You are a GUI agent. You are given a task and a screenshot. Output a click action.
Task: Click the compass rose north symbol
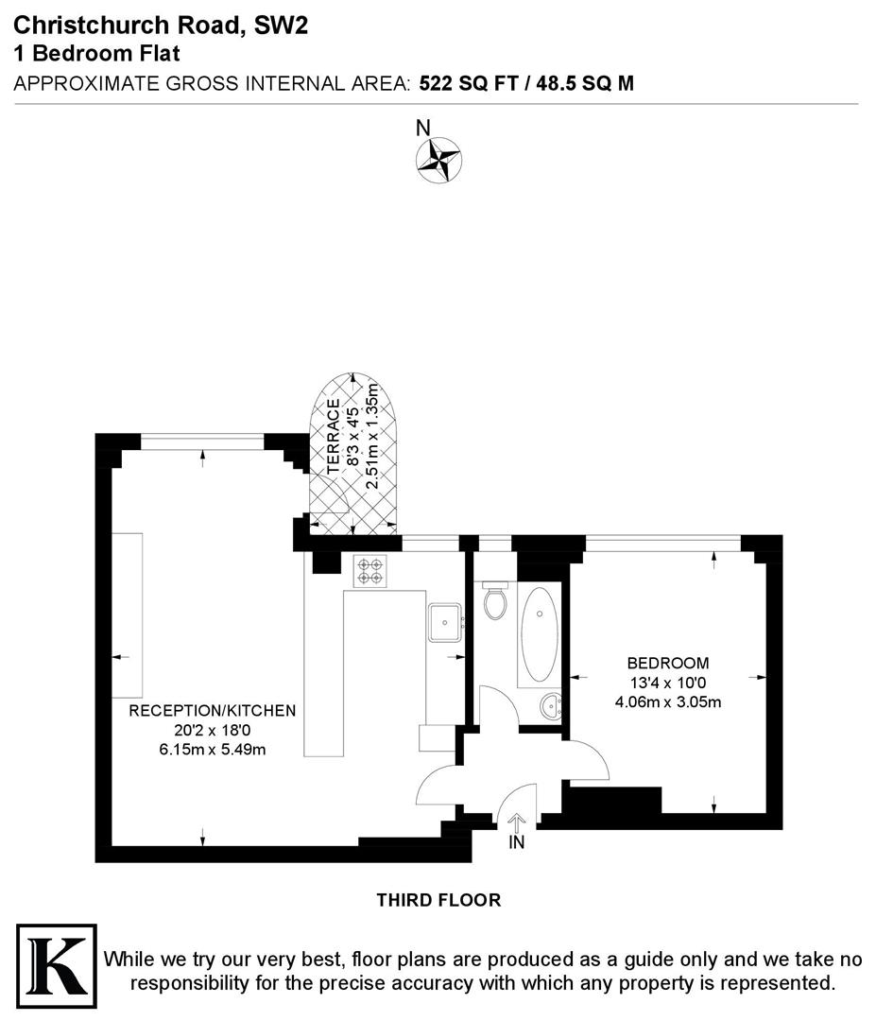(x=438, y=158)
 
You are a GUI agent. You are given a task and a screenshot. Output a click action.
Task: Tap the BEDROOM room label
(x=668, y=663)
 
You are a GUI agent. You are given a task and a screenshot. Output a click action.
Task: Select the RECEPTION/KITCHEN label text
(x=213, y=710)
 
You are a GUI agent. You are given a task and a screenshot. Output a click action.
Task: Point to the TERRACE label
(x=333, y=436)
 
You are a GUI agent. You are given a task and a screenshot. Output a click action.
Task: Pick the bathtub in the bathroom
(x=540, y=633)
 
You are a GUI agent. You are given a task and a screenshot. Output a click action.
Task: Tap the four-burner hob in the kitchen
(x=369, y=570)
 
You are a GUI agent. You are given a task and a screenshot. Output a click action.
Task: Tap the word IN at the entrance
(x=517, y=842)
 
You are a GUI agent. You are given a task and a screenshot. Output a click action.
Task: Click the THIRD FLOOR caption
(x=438, y=900)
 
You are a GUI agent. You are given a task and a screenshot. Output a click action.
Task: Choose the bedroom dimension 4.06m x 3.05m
(x=668, y=701)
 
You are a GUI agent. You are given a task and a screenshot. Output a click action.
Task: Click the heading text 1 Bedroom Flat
(x=96, y=54)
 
